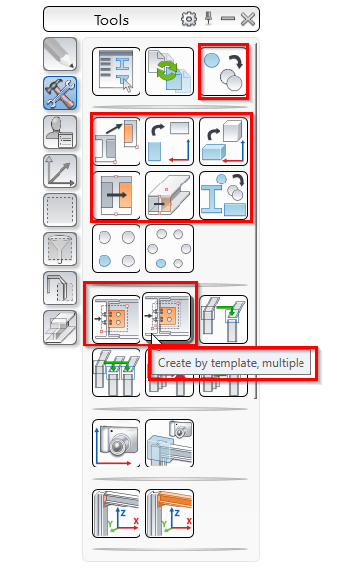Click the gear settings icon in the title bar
point(188,20)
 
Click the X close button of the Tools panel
point(248,20)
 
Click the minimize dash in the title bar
point(228,19)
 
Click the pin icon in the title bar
point(208,19)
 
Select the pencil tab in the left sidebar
point(60,55)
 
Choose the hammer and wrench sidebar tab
point(60,94)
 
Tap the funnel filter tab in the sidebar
point(60,250)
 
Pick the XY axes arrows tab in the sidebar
point(60,172)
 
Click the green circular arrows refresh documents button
point(170,71)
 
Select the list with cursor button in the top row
point(116,71)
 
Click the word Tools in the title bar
point(111,20)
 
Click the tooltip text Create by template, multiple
point(231,363)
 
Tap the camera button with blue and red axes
point(116,443)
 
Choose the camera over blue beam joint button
point(170,443)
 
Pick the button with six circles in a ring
point(170,249)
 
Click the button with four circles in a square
point(116,249)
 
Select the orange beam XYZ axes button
point(170,513)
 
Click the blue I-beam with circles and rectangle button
point(223,195)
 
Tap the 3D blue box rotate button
point(223,142)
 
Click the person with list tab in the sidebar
point(60,133)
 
